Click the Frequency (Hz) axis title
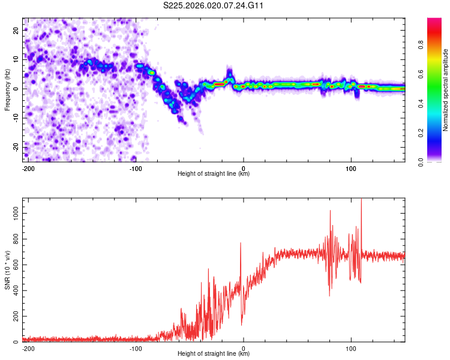(x=7, y=89)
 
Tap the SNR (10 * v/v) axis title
(x=7, y=269)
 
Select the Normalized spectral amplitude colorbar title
(x=446, y=89)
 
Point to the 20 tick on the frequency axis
(x=16, y=30)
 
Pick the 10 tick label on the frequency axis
(x=16, y=59)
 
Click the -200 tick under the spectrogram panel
(x=28, y=168)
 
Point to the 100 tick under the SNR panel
(x=351, y=348)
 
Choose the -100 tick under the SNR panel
(x=136, y=348)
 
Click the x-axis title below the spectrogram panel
(x=214, y=174)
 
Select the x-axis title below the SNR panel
(x=214, y=354)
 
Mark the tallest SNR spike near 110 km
(x=361, y=200)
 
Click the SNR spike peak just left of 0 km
(x=241, y=243)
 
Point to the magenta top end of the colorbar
(x=434, y=20)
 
